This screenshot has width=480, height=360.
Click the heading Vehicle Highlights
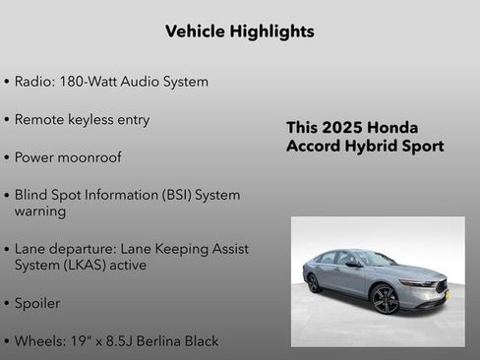point(240,31)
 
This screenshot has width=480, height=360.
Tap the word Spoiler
point(37,304)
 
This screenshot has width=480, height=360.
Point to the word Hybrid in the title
point(374,147)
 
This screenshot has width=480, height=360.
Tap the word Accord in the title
point(315,147)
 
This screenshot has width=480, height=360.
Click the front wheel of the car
point(386,298)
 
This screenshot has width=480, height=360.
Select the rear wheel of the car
point(314,282)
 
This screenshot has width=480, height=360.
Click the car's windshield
point(375,259)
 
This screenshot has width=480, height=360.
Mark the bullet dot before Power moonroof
point(7,157)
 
